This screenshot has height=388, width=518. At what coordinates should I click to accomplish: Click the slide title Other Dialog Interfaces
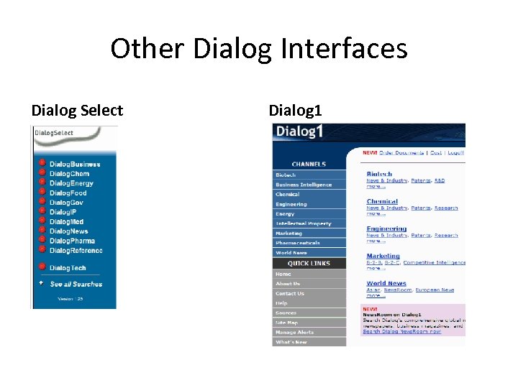259,49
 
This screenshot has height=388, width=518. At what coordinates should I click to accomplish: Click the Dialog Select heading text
77,111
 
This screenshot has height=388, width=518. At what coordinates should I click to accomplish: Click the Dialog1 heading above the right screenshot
295,111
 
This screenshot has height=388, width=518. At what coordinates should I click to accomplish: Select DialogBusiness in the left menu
75,165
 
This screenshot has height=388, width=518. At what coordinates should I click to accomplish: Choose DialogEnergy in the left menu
71,183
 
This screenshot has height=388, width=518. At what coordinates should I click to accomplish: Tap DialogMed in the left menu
67,222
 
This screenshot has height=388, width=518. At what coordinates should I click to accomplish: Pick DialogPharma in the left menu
72,241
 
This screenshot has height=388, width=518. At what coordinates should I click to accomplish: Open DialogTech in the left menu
68,268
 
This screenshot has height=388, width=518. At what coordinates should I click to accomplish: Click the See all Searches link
76,284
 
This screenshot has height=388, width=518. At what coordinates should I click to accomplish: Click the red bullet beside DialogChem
42,173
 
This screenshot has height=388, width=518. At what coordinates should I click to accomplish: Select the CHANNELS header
309,165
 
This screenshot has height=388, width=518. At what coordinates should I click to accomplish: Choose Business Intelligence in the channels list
304,185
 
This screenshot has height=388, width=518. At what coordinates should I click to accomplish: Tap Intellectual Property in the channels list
304,223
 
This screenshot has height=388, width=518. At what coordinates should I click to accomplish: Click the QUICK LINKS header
309,263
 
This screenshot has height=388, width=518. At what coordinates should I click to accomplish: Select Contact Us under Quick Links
290,293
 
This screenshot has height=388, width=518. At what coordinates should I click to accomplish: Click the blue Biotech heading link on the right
379,174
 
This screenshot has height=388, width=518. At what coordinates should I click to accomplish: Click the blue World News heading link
386,283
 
